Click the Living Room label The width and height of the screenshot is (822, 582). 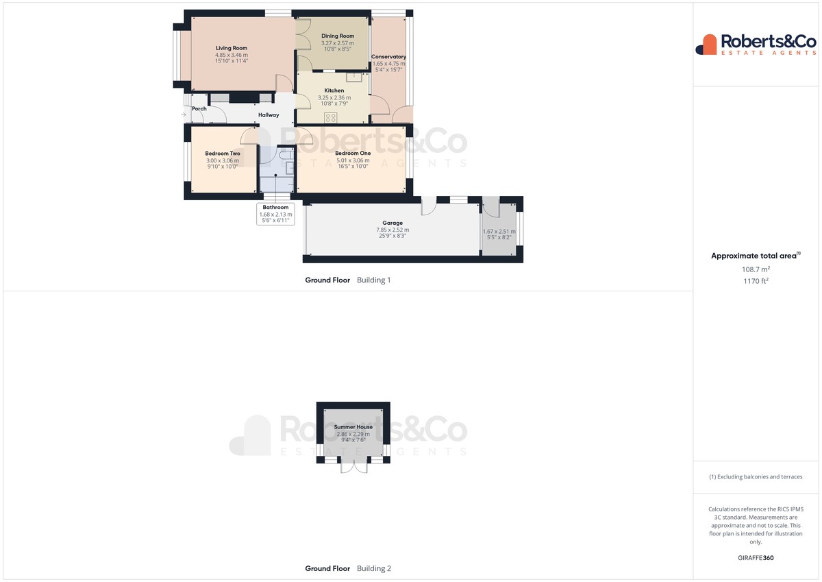[x=232, y=48]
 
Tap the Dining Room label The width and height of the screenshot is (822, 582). [x=338, y=36]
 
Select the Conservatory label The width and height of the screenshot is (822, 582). [x=388, y=56]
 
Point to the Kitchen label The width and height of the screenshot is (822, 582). [x=334, y=90]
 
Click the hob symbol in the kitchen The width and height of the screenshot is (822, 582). [x=330, y=118]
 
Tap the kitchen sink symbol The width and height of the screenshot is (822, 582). [x=354, y=77]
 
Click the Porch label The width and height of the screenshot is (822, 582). [x=199, y=109]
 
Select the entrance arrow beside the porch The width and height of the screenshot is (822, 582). [x=184, y=115]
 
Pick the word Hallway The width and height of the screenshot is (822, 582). [x=269, y=115]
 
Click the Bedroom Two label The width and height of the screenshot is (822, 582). [x=223, y=154]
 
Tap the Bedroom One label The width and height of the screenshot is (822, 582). [x=353, y=153]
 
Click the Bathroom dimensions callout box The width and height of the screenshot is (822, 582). [x=275, y=214]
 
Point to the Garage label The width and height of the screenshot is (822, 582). [x=393, y=223]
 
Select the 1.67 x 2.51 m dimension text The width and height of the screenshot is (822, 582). [x=499, y=232]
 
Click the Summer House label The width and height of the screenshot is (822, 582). [x=353, y=427]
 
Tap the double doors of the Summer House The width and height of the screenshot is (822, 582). [x=353, y=465]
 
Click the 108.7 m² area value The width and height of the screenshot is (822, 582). [x=756, y=269]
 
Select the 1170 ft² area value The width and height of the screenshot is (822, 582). [x=756, y=281]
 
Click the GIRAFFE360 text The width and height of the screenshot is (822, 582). [x=756, y=558]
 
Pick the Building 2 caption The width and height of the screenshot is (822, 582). [x=374, y=568]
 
